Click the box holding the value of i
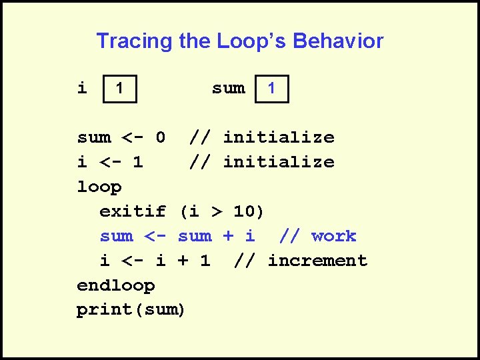pos(119,88)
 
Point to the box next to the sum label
pos(272,88)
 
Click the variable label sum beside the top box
pos(228,88)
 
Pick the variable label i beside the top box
pos(82,88)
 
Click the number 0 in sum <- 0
pos(160,137)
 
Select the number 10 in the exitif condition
pos(244,212)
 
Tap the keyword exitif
pos(133,212)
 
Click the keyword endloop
pos(115,285)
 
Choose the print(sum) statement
pos(131,310)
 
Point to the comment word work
pos(333,236)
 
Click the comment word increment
pos(317,261)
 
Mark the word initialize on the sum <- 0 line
pos(278,137)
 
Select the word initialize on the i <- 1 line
pos(278,162)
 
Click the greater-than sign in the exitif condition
pos(216,212)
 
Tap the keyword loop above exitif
pos(99,187)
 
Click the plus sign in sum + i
pos(227,236)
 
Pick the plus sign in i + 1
pos(183,261)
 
